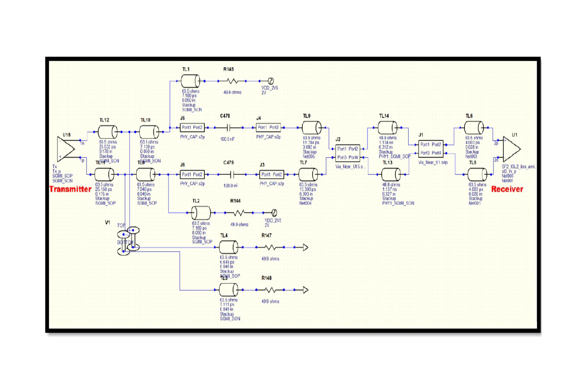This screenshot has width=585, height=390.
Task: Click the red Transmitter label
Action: (70, 189)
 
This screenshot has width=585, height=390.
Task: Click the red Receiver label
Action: (507, 189)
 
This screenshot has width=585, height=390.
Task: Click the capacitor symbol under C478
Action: (230, 127)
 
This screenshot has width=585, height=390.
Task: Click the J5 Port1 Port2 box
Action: (192, 127)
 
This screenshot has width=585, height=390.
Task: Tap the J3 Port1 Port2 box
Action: (271, 174)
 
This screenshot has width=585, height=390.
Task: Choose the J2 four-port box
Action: (348, 153)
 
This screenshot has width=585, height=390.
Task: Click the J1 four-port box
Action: (431, 149)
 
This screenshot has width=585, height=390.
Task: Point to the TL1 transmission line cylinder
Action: (191, 81)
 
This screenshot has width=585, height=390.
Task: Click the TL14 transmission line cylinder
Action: (388, 128)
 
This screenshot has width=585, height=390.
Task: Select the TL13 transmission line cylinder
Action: (391, 174)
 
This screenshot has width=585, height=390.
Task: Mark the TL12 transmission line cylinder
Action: (108, 133)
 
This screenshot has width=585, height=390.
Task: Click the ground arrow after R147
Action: (305, 247)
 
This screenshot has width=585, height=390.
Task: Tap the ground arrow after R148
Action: (305, 290)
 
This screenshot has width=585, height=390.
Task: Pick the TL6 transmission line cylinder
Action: (473, 127)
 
